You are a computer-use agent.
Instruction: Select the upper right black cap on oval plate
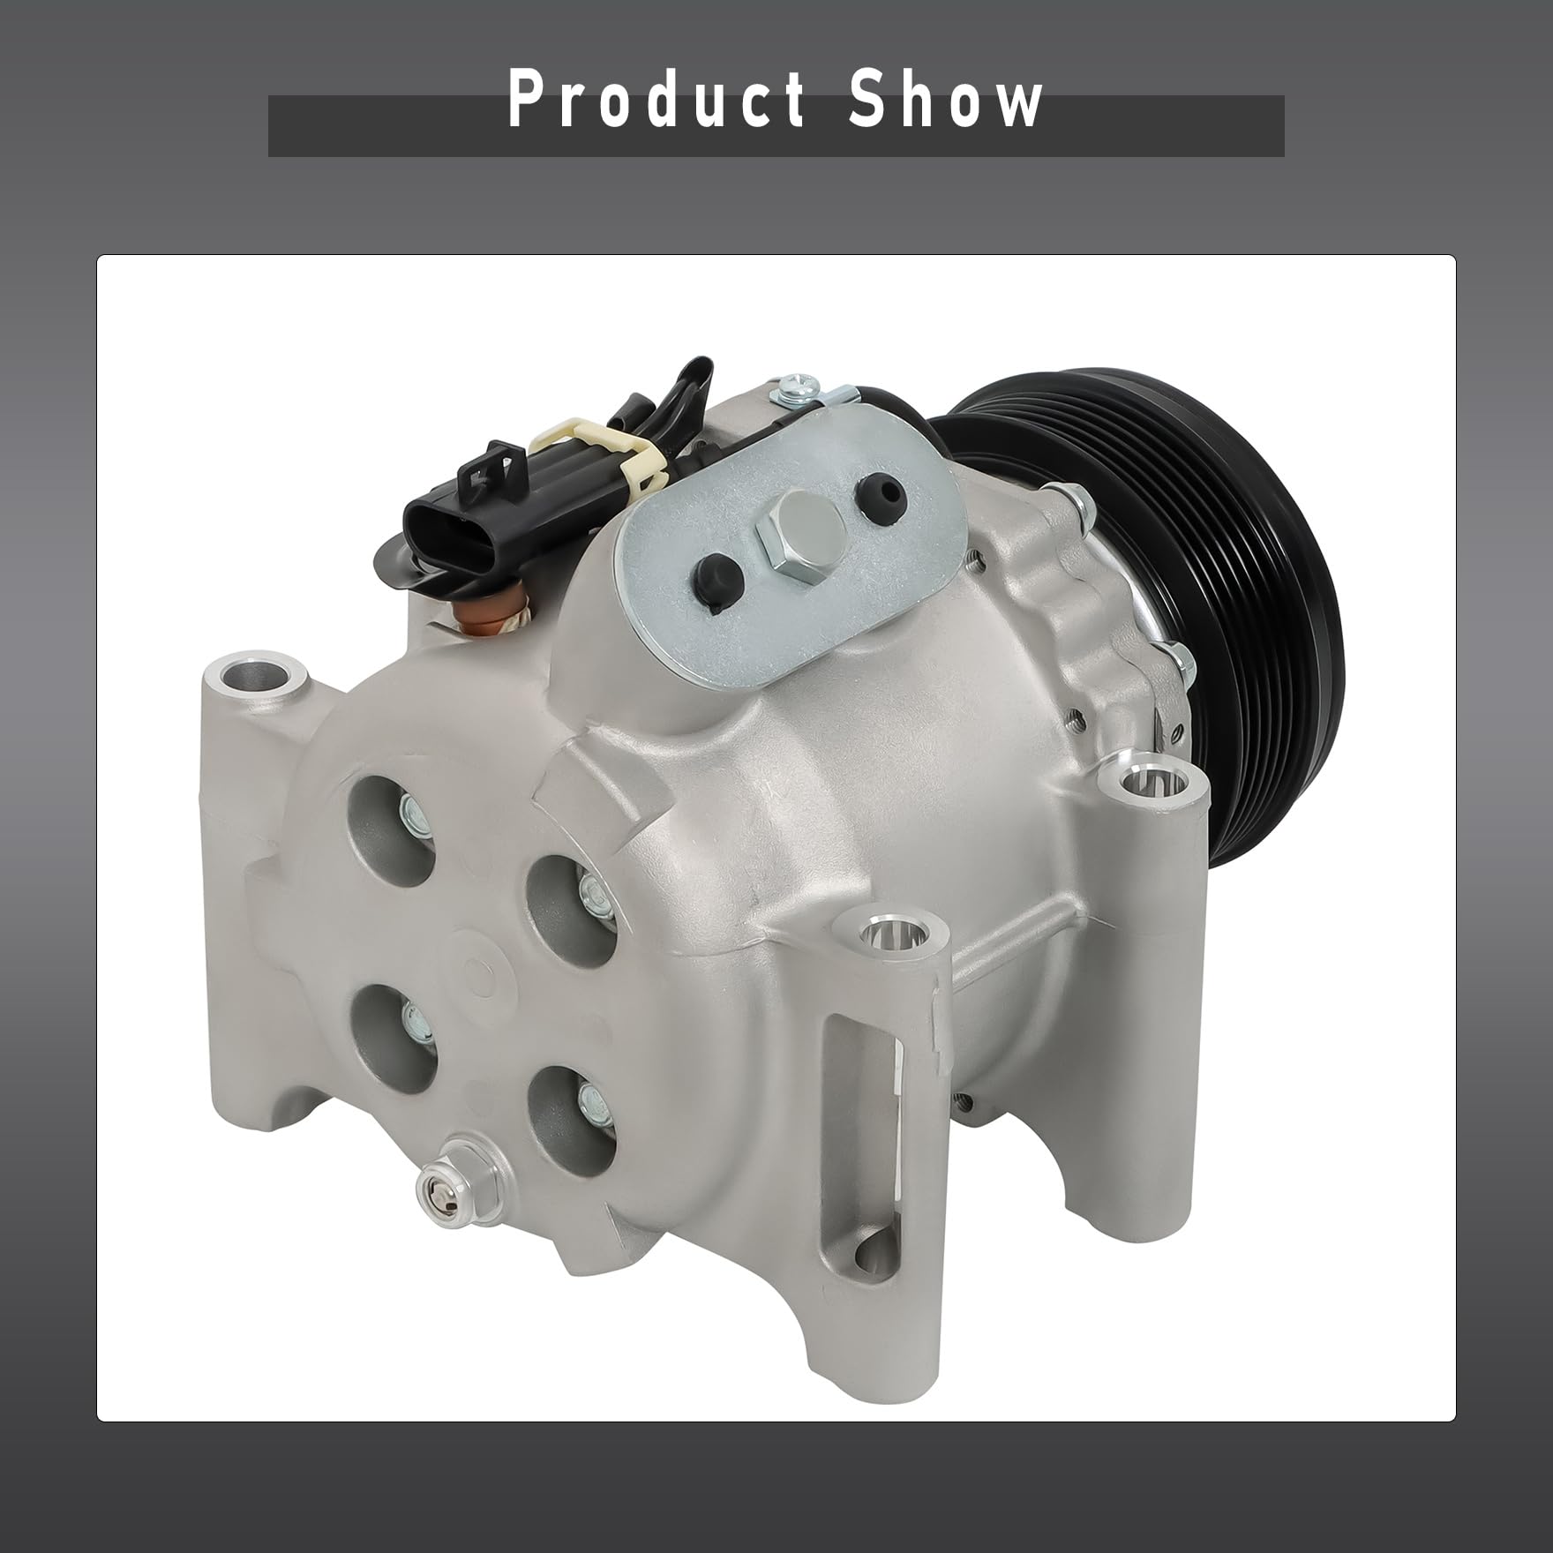[x=879, y=488]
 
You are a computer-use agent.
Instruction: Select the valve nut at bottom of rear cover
[x=441, y=1190]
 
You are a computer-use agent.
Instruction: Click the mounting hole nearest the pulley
[x=1144, y=781]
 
